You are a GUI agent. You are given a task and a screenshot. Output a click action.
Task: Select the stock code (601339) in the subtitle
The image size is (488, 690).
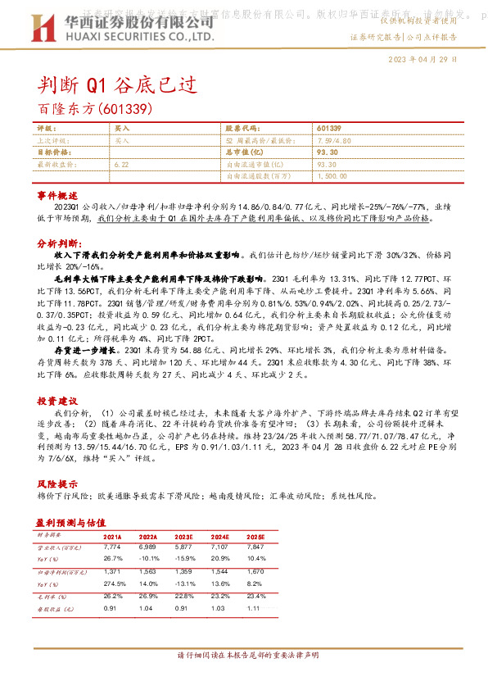[125, 107]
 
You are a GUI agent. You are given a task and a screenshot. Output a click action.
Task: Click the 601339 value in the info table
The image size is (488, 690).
[328, 129]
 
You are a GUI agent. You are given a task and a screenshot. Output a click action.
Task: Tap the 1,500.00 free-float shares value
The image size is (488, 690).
[332, 175]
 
